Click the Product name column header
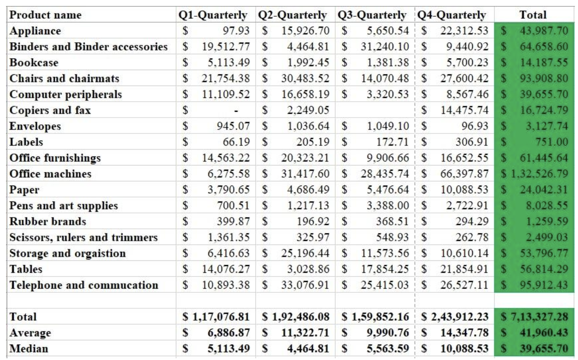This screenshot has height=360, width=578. (45, 15)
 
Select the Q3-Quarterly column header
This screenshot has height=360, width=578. (372, 15)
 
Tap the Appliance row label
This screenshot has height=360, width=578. (35, 31)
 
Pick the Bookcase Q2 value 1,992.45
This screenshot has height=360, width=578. (308, 62)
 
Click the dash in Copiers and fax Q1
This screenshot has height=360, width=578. (236, 111)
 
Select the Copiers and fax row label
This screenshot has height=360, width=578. (50, 110)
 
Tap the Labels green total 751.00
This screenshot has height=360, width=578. (554, 142)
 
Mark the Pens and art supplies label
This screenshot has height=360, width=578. (63, 206)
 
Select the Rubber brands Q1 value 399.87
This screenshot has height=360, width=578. (233, 221)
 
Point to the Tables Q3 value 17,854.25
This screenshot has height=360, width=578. (385, 269)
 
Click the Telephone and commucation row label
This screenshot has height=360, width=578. (84, 285)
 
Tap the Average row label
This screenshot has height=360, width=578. (30, 333)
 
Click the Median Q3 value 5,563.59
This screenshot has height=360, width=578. (388, 348)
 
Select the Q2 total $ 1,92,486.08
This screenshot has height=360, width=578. (296, 317)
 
